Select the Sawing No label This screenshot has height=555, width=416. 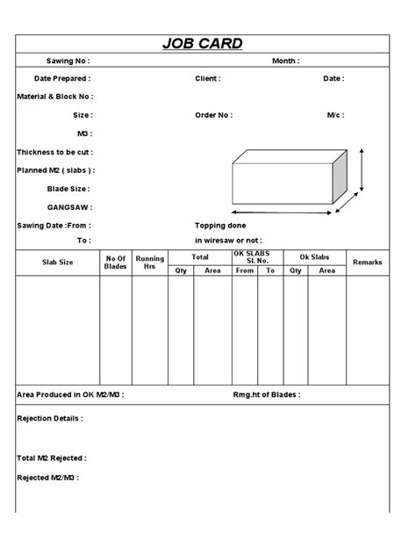pyautogui.click(x=68, y=61)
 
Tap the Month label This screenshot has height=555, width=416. pyautogui.click(x=285, y=61)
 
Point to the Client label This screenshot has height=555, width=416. pyautogui.click(x=207, y=78)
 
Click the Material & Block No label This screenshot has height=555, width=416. pyautogui.click(x=54, y=97)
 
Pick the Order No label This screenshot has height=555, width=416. pyautogui.click(x=213, y=115)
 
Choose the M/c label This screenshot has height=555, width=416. pyautogui.click(x=334, y=115)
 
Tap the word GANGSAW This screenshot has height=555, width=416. pyautogui.click(x=69, y=207)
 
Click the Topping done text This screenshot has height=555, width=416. pyautogui.click(x=220, y=226)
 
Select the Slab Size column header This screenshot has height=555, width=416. pyautogui.click(x=58, y=263)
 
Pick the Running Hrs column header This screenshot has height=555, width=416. pyautogui.click(x=149, y=263)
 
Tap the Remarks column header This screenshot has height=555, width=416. pyautogui.click(x=367, y=263)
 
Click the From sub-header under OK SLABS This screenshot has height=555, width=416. pyautogui.click(x=244, y=270)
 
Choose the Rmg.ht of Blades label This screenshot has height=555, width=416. pyautogui.click(x=268, y=395)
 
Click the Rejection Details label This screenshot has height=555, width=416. pyautogui.click(x=50, y=419)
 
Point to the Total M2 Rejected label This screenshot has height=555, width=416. pyautogui.click(x=52, y=458)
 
